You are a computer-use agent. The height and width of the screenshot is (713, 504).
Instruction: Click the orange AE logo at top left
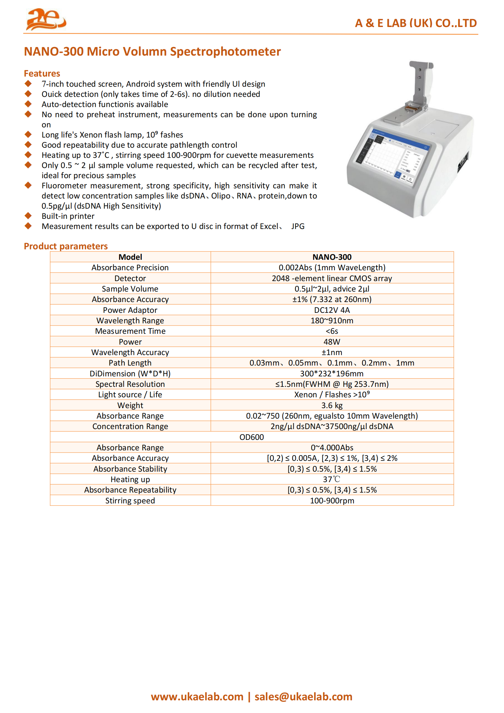click(46, 20)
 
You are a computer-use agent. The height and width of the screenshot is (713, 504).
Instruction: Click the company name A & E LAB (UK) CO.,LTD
click(415, 23)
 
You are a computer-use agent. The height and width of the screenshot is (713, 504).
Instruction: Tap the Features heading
click(42, 73)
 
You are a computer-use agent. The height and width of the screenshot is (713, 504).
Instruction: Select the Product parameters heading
click(66, 246)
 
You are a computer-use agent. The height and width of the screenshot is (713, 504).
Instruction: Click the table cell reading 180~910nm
click(332, 320)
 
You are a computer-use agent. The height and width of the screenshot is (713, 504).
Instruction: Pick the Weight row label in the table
click(130, 405)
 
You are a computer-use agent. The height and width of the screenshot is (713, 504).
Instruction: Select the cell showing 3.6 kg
click(332, 405)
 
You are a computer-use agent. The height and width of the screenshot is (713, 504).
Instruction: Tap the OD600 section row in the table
click(252, 437)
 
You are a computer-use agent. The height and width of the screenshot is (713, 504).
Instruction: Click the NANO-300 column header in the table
click(332, 257)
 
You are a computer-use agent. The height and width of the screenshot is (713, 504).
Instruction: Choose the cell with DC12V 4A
click(332, 310)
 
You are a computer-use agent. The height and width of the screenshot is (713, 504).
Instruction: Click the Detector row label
click(130, 278)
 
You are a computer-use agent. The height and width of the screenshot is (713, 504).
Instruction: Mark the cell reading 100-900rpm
click(332, 501)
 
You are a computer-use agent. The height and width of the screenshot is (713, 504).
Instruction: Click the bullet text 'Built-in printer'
click(68, 216)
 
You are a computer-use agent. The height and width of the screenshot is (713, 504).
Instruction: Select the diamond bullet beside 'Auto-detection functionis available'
click(28, 104)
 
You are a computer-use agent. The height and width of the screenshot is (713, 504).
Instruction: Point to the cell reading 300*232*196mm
click(332, 373)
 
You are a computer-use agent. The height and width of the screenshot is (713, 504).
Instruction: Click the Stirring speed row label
click(130, 501)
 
